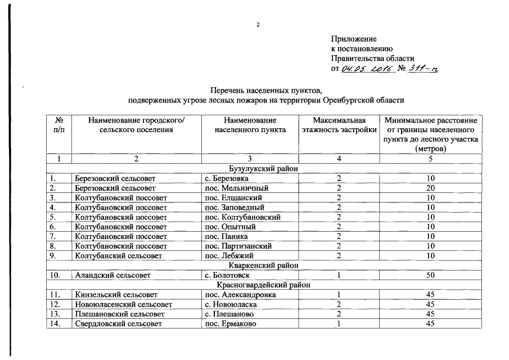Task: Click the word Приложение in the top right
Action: pyautogui.click(x=353, y=39)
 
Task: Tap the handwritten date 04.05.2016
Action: pyautogui.click(x=366, y=69)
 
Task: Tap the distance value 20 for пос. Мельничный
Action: pyautogui.click(x=430, y=188)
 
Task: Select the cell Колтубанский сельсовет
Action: pyautogui.click(x=119, y=255)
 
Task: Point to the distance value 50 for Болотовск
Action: pyautogui.click(x=430, y=275)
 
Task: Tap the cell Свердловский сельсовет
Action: pyautogui.click(x=118, y=323)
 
